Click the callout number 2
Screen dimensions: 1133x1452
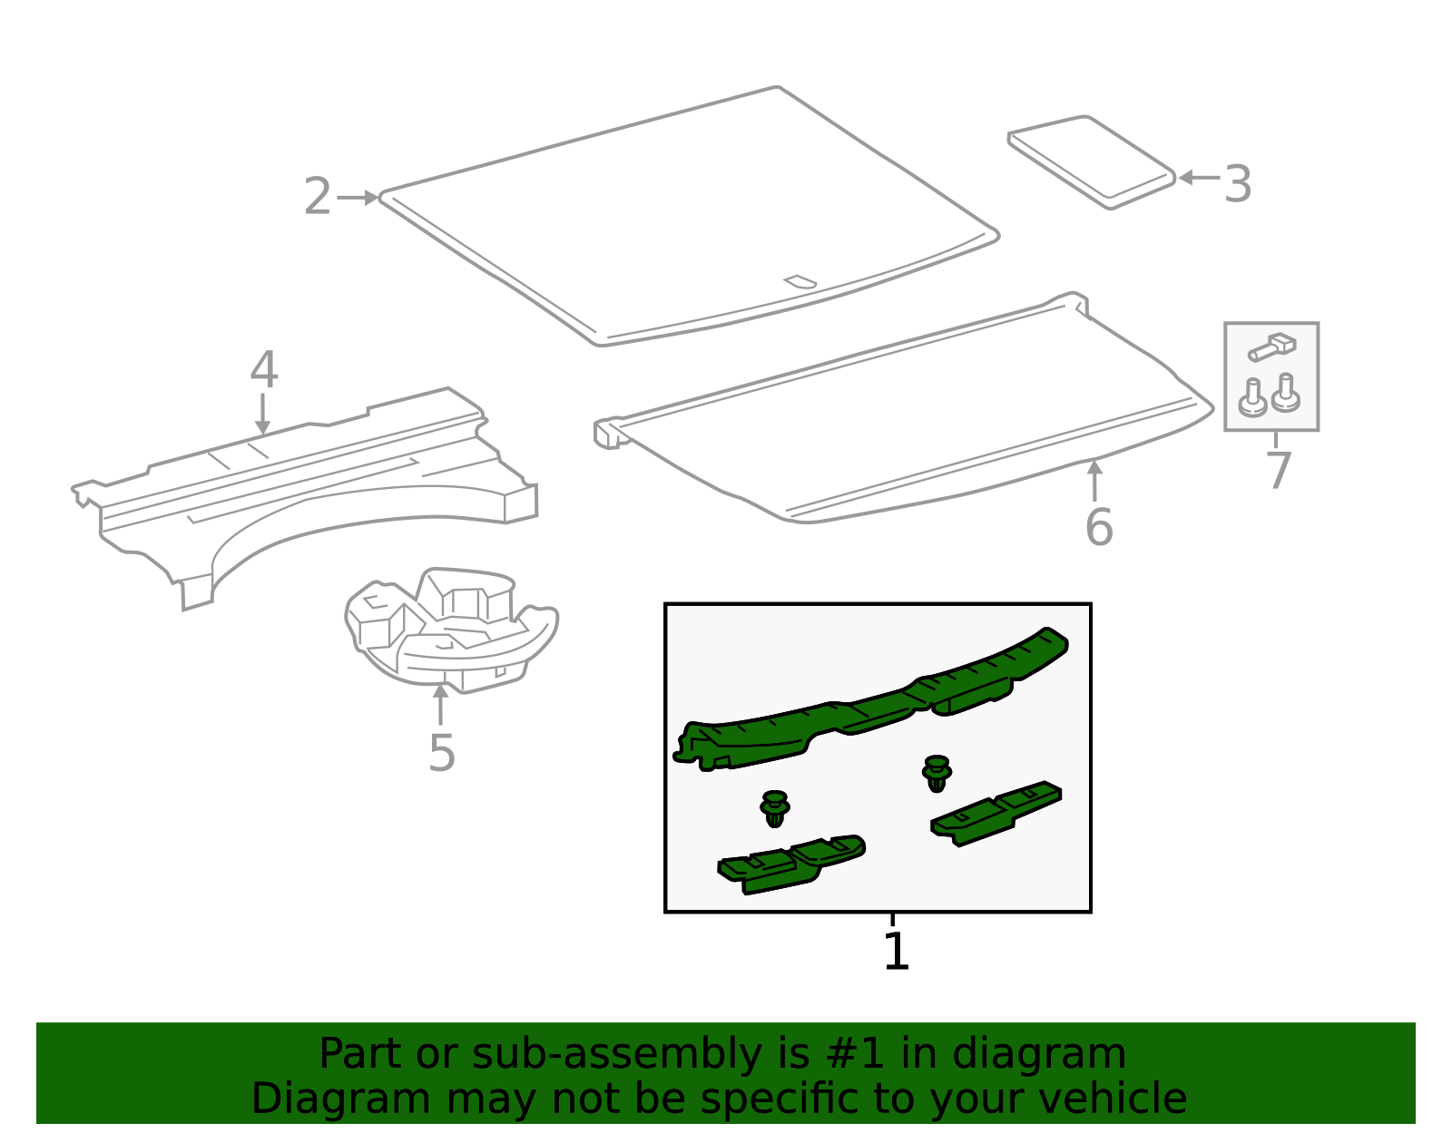pyautogui.click(x=317, y=197)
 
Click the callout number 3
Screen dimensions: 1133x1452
pyautogui.click(x=1238, y=184)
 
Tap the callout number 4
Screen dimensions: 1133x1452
pyautogui.click(x=263, y=370)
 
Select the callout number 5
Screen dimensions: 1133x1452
pyautogui.click(x=441, y=753)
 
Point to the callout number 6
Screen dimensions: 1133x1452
pyautogui.click(x=1098, y=527)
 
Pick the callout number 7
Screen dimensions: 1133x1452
pyautogui.click(x=1278, y=471)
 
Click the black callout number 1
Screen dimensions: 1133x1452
pyautogui.click(x=896, y=952)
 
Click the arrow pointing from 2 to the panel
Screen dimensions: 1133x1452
pyautogui.click(x=358, y=197)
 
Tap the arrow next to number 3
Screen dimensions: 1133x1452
pyautogui.click(x=1198, y=178)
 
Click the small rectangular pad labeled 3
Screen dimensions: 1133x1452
pyautogui.click(x=1092, y=161)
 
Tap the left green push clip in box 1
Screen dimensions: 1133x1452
pyautogui.click(x=774, y=807)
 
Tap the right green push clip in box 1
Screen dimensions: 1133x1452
pyautogui.click(x=937, y=772)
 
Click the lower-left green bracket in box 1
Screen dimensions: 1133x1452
pyautogui.click(x=790, y=864)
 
